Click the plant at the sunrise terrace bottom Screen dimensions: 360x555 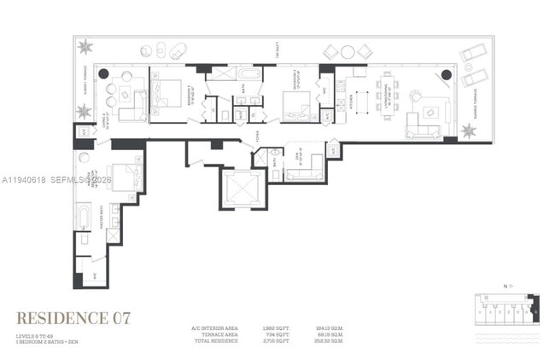(x=468, y=131)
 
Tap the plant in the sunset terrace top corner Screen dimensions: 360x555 (x=85, y=46)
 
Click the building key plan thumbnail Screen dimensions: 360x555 (x=506, y=308)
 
